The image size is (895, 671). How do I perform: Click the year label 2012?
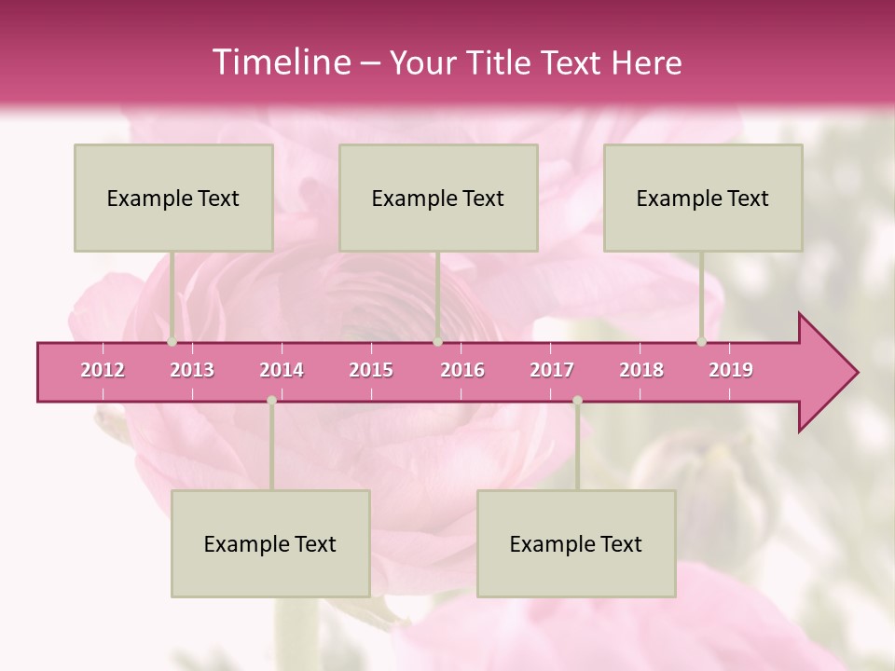point(103,370)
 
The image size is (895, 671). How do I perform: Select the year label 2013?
point(192,370)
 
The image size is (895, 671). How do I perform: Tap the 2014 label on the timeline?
point(282,370)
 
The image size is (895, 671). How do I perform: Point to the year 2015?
point(371,370)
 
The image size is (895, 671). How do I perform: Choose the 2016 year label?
point(462,370)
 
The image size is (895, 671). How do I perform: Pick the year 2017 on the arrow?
point(552,370)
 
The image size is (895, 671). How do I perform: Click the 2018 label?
point(641,370)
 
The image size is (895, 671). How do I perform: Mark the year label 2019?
point(731,370)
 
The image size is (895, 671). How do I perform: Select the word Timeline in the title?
point(280,62)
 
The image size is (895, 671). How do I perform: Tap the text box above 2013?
point(173,198)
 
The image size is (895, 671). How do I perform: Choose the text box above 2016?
point(438,198)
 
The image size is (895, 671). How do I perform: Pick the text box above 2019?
point(703,198)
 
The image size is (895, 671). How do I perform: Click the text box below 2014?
point(270,543)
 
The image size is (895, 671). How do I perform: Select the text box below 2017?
point(576,543)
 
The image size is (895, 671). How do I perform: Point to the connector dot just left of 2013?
point(172,342)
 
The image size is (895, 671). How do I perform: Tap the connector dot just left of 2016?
point(437,342)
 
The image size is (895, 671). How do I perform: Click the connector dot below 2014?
point(271,400)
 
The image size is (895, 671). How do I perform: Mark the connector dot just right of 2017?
point(577,400)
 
